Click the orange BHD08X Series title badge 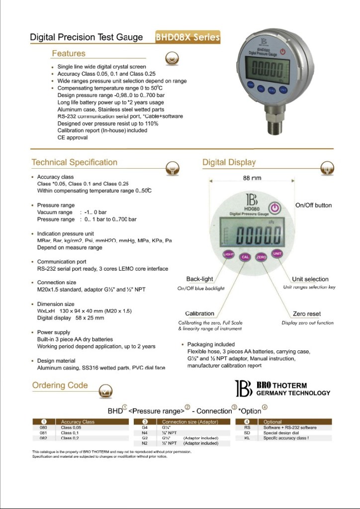[x=187, y=37]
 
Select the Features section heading [x=69, y=54]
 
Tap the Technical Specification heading [x=75, y=162]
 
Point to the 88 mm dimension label [x=252, y=178]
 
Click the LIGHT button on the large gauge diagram [x=229, y=254]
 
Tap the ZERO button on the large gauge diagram [x=261, y=257]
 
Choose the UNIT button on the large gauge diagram [x=277, y=254]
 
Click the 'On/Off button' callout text [x=313, y=205]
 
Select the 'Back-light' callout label [x=200, y=279]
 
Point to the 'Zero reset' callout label [x=307, y=314]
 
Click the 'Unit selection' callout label [x=310, y=279]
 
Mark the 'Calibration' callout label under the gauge [x=200, y=314]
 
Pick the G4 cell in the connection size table [x=145, y=427]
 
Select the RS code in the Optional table [x=247, y=427]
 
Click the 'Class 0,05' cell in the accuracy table [x=71, y=427]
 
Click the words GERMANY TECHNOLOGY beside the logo [x=293, y=393]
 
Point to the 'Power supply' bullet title [x=54, y=332]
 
